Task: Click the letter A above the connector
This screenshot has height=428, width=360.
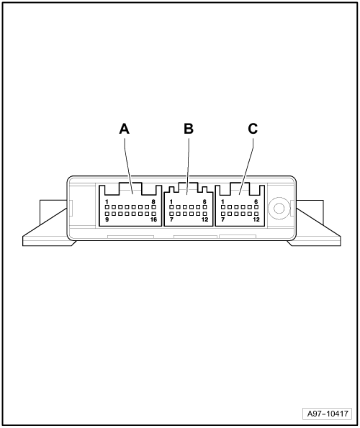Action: (x=125, y=129)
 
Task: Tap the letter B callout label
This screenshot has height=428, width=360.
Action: (x=189, y=129)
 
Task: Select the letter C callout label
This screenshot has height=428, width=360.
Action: (x=253, y=129)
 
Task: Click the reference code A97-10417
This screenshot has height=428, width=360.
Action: (x=328, y=414)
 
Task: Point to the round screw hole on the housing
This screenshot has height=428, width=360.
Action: (x=279, y=209)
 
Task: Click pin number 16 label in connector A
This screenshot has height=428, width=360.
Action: (x=154, y=219)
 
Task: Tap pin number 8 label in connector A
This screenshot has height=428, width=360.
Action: (x=153, y=202)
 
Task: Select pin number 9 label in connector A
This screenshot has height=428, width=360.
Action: (x=107, y=219)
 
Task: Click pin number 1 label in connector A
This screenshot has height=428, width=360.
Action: (x=107, y=202)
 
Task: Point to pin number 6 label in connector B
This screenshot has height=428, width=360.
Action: (x=204, y=202)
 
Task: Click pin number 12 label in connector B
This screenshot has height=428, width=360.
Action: (x=205, y=219)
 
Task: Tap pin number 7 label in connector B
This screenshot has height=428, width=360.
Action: (x=171, y=219)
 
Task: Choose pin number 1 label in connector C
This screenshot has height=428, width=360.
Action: (x=222, y=202)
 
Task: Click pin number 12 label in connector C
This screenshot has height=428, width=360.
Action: (x=256, y=219)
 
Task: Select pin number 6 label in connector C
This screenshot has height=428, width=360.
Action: (x=256, y=202)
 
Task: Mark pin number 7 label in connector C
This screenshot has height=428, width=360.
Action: (x=222, y=219)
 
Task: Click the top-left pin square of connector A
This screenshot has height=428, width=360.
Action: (x=107, y=207)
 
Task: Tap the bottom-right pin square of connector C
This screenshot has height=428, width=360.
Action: (x=256, y=214)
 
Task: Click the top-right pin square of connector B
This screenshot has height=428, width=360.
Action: (x=205, y=207)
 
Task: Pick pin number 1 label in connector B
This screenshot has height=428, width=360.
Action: (x=171, y=202)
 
